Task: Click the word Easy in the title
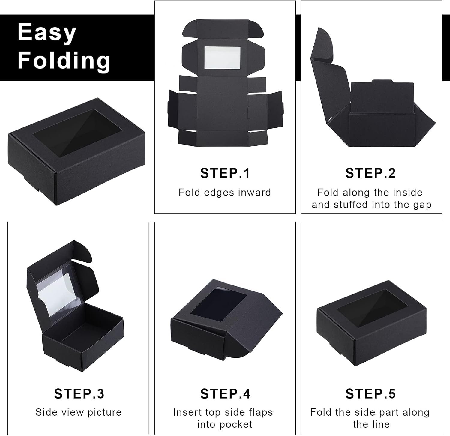(47, 32)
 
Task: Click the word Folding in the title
(64, 60)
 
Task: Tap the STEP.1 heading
(225, 173)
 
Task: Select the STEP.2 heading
(371, 173)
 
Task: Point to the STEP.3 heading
(79, 393)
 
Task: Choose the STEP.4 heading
(225, 393)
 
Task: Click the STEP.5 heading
(371, 393)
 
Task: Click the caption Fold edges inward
(225, 192)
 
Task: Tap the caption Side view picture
(79, 412)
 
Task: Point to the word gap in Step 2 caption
(422, 205)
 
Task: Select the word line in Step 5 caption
(380, 424)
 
